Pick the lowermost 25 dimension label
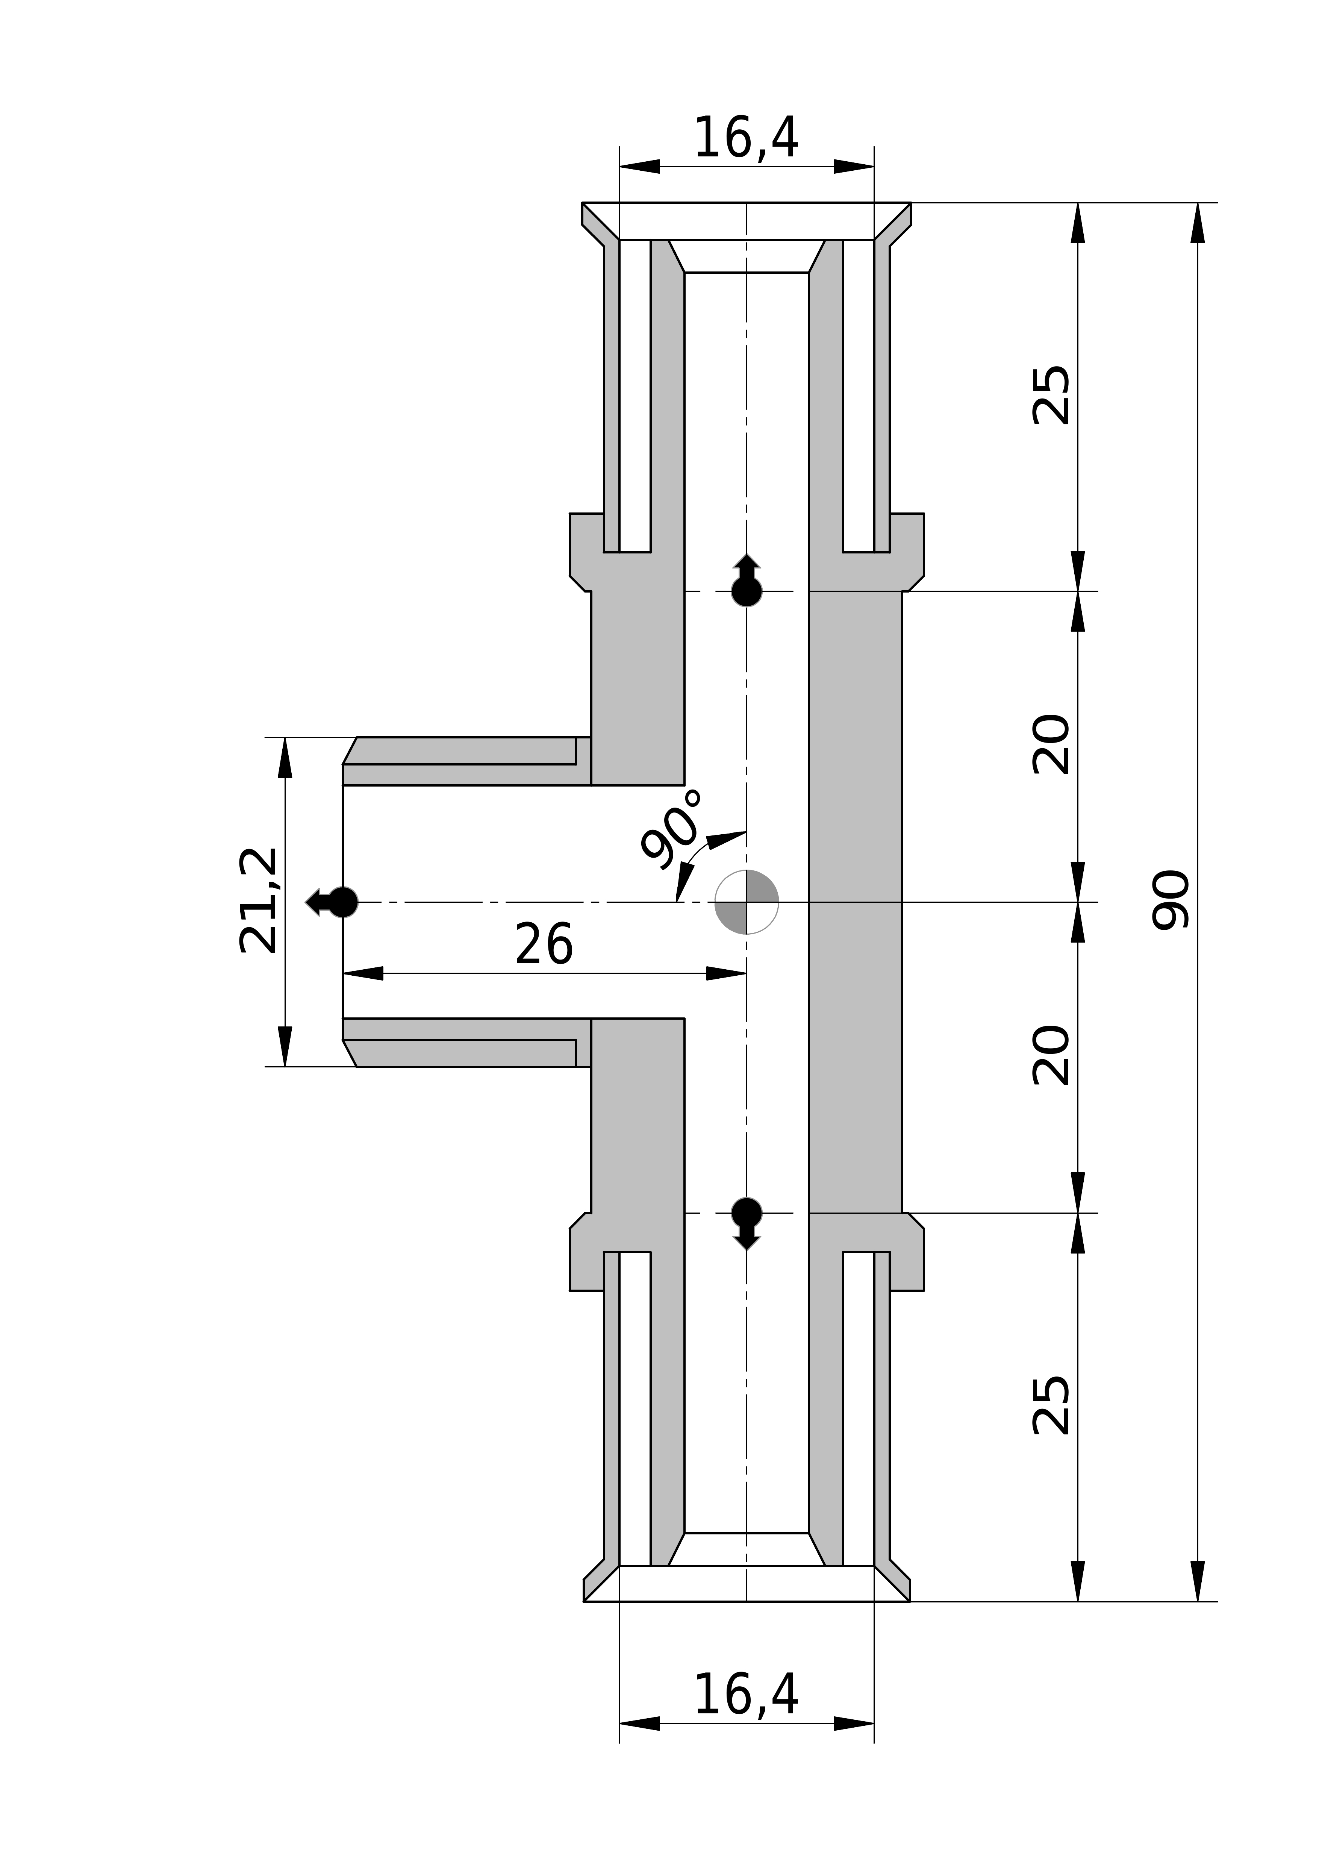tap(1051, 1406)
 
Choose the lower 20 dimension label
tap(1051, 1057)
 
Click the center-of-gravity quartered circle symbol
tap(746, 902)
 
